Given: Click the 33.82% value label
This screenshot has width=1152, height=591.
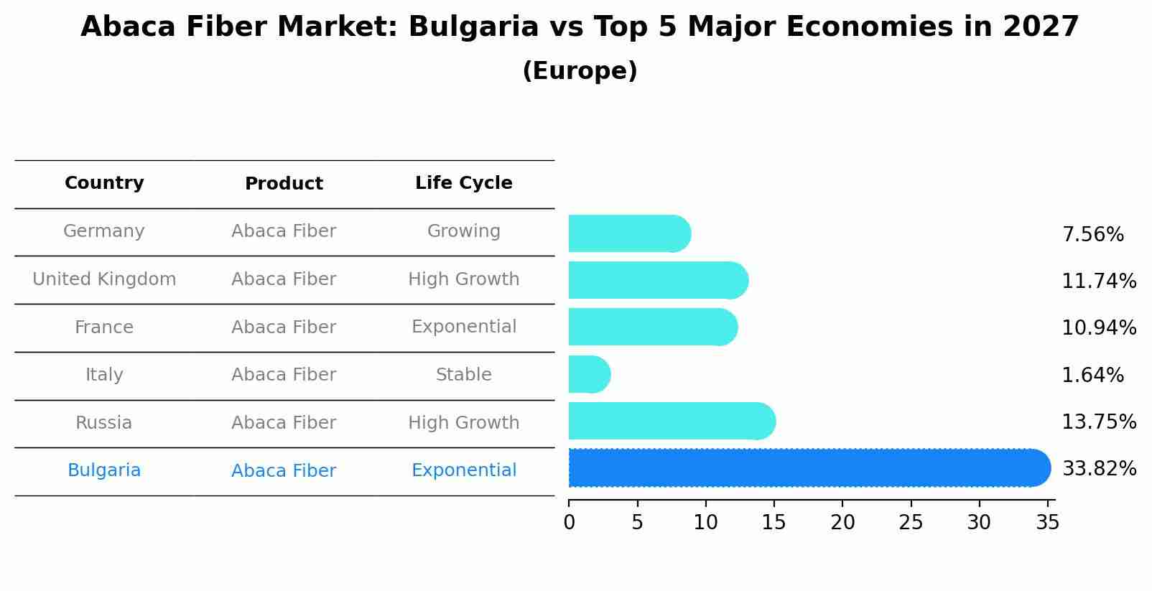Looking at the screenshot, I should [x=1099, y=469].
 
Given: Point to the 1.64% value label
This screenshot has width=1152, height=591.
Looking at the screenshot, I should [x=1092, y=375].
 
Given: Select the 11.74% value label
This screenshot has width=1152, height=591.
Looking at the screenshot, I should [x=1099, y=281].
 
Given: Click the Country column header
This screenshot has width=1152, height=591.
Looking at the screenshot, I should [x=104, y=183].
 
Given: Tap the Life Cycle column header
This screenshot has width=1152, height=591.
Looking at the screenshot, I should [x=463, y=183].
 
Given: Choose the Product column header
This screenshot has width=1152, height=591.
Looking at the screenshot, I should [x=284, y=184].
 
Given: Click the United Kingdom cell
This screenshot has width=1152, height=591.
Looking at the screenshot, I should [x=104, y=279].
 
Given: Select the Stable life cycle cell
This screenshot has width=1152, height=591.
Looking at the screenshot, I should [x=463, y=375].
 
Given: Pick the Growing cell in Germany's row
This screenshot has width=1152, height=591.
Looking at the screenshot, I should [x=463, y=231].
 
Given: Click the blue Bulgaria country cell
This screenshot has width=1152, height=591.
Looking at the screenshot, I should [x=104, y=470].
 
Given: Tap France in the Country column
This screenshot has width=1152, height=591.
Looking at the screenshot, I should [x=104, y=327].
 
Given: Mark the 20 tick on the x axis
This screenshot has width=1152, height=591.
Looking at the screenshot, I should [x=842, y=522].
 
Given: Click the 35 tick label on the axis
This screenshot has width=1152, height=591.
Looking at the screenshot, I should [x=1047, y=522].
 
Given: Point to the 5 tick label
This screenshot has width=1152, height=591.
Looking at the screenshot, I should [x=637, y=522].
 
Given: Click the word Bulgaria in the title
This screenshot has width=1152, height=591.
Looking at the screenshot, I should [x=473, y=27].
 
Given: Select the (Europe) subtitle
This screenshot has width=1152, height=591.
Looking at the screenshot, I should [x=580, y=71].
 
